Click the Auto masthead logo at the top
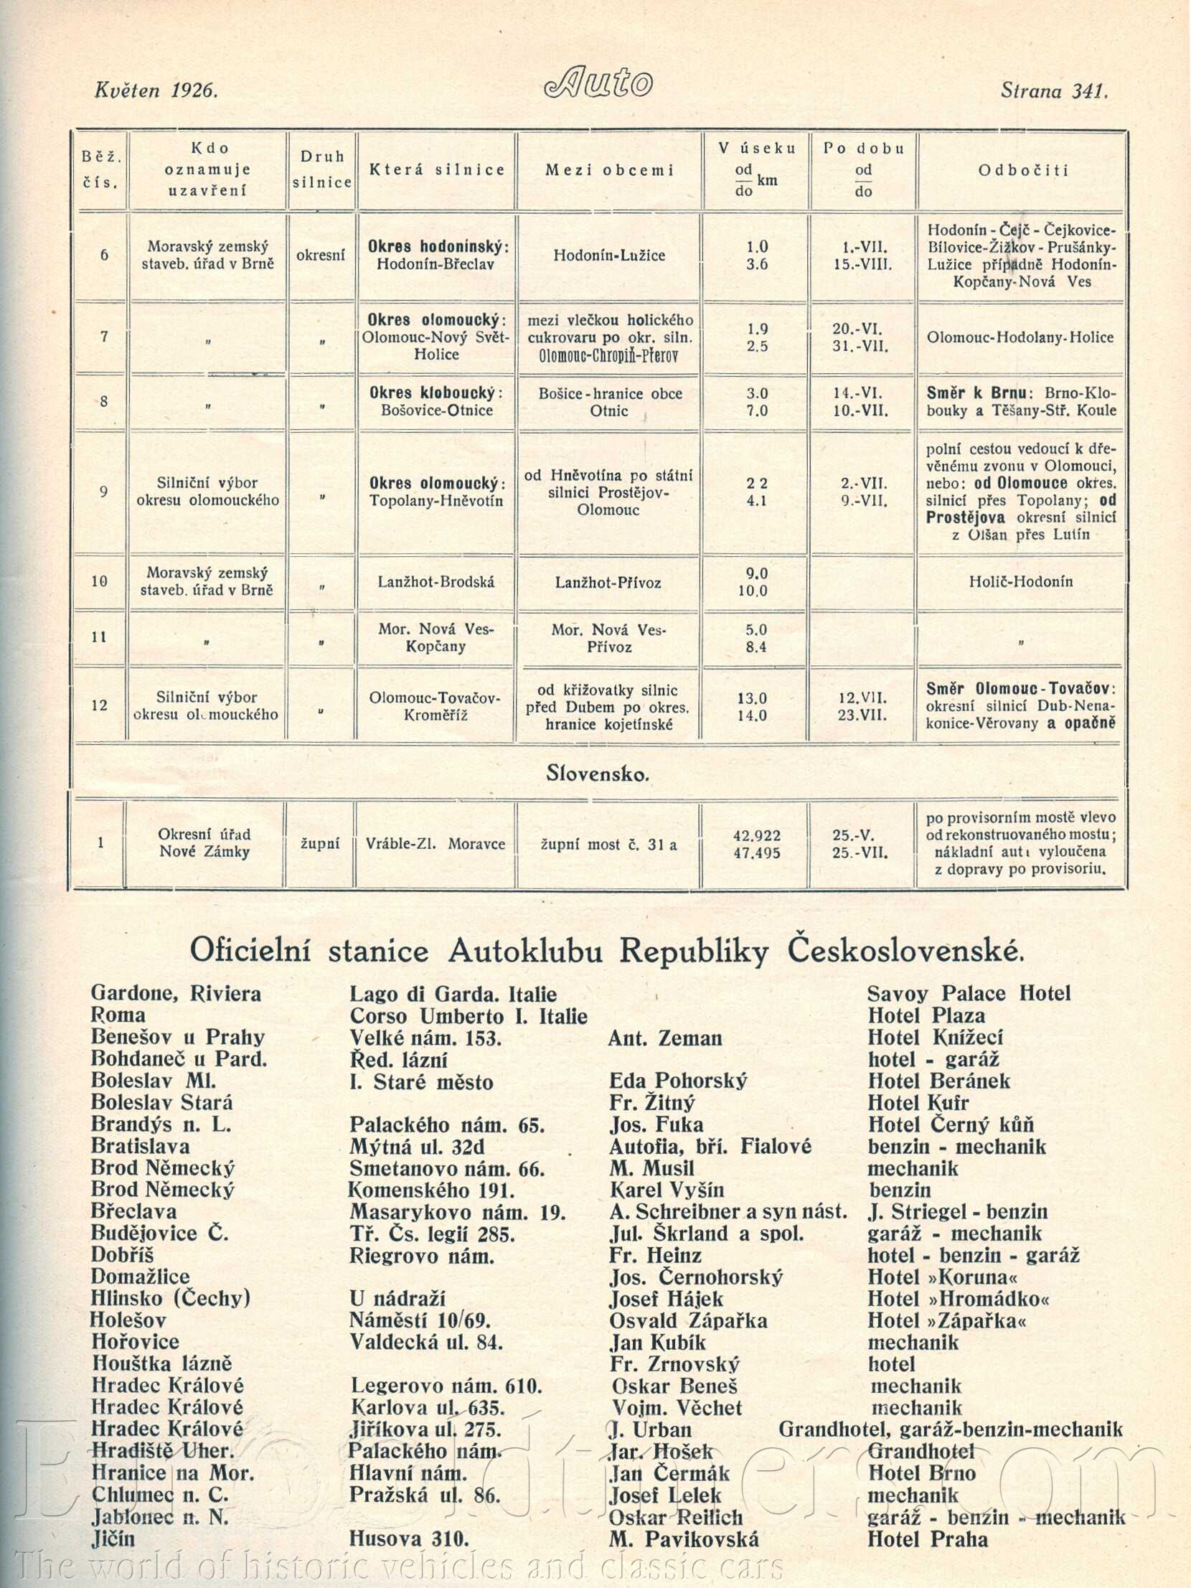tap(598, 82)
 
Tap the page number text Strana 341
tap(1054, 91)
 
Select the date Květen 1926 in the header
tap(156, 90)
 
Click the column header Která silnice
tap(436, 170)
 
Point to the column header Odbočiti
tap(1023, 170)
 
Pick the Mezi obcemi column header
tap(610, 170)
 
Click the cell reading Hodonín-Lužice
tap(609, 255)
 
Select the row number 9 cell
tap(103, 492)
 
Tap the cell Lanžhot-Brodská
tap(436, 582)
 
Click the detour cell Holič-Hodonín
tap(1020, 581)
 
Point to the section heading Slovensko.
tap(598, 774)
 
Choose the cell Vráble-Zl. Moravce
tap(435, 845)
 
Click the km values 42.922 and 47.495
tap(757, 845)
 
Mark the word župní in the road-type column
tap(320, 845)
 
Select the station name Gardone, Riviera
tap(176, 995)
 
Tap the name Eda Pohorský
tap(678, 1081)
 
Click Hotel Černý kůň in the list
tap(951, 1125)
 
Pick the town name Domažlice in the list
tap(140, 1277)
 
